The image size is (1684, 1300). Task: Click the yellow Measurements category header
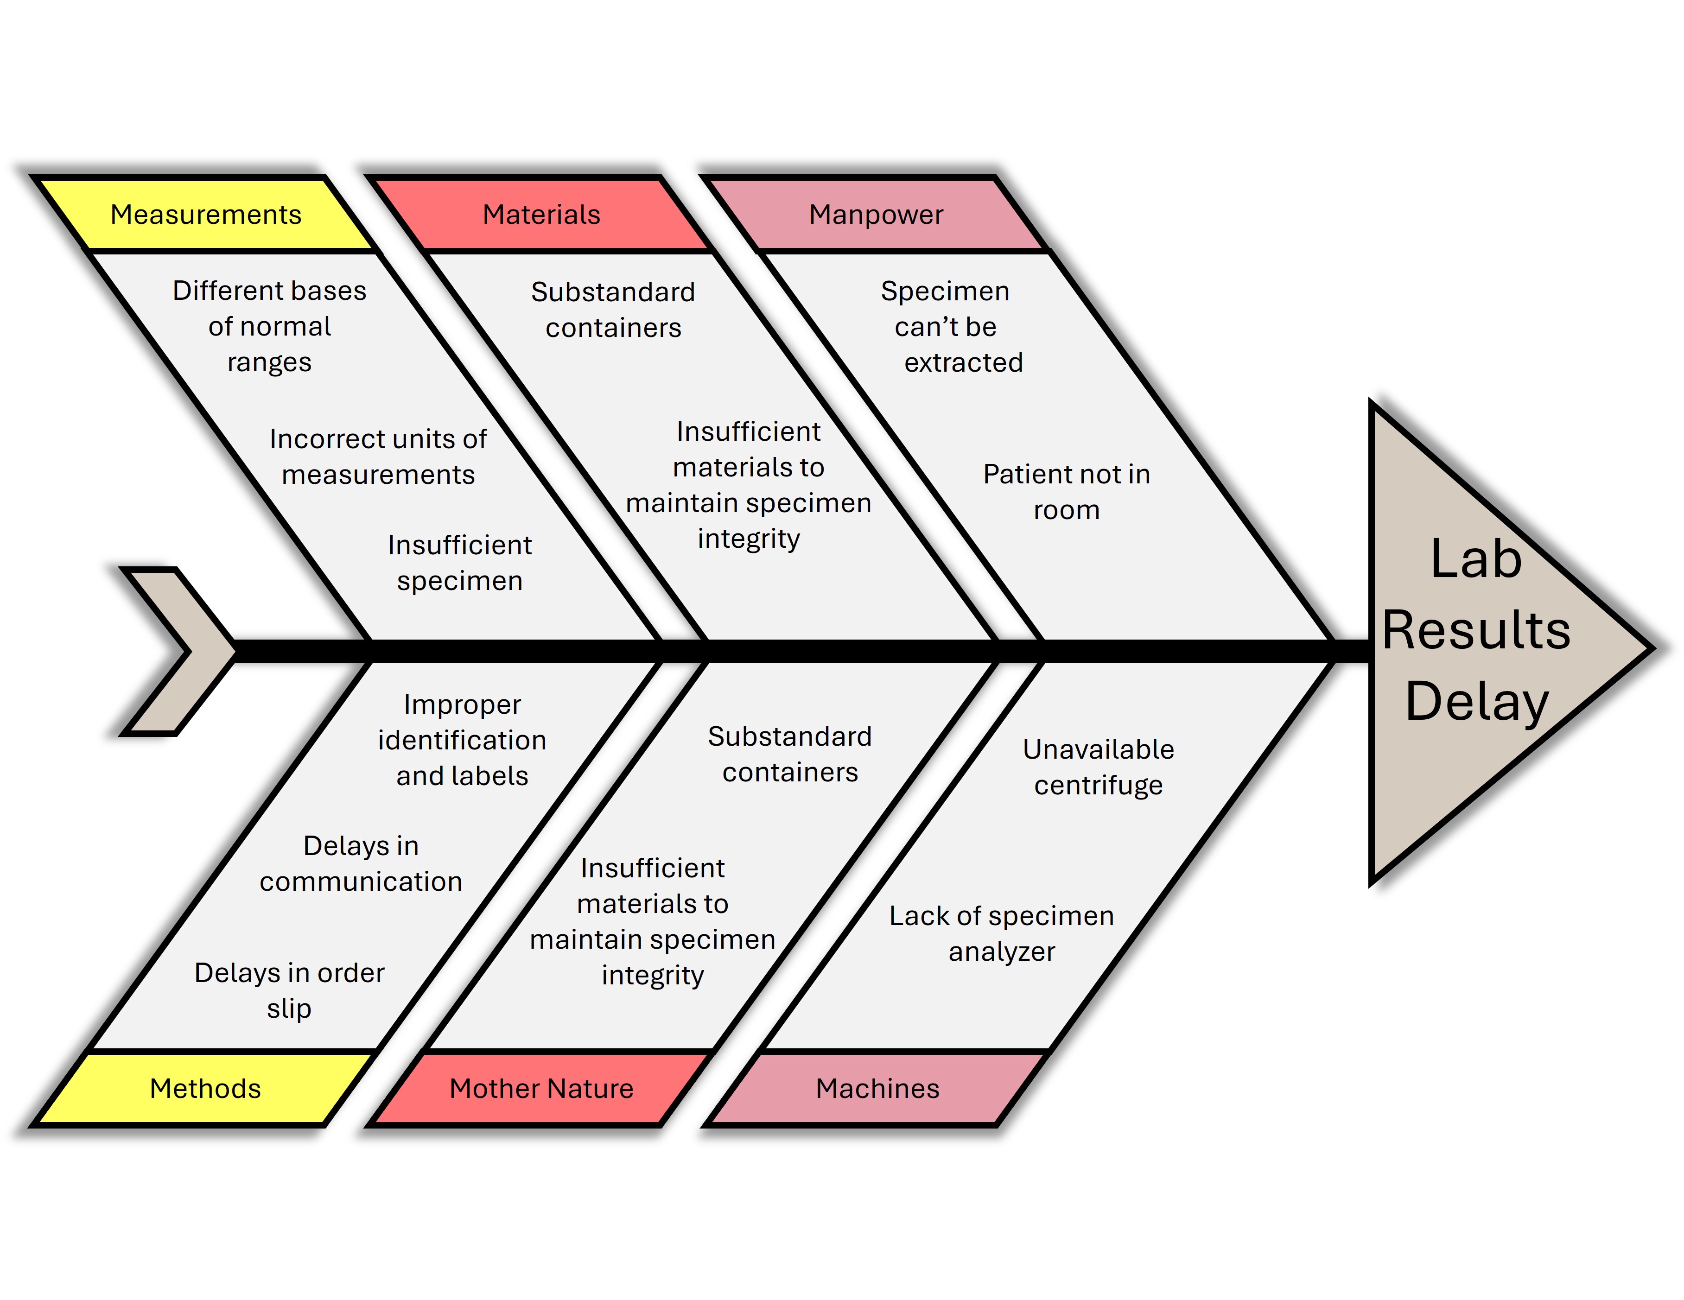[206, 215]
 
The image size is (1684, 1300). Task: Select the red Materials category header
[541, 215]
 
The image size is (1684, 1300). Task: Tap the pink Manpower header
[876, 215]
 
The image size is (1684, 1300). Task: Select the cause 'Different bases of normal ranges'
[269, 326]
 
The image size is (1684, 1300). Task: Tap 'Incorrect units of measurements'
[378, 457]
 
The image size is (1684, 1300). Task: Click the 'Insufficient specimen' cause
[459, 563]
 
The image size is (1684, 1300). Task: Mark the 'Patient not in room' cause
[1067, 492]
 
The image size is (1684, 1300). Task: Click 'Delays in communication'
[361, 863]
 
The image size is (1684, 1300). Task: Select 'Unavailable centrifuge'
[1098, 767]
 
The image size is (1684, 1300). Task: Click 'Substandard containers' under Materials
[613, 309]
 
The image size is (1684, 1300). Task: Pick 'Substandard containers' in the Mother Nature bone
[789, 754]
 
